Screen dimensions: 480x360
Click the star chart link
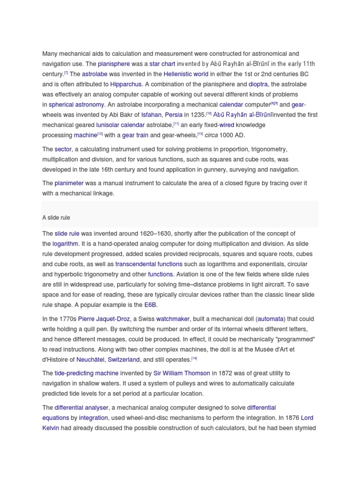click(162, 64)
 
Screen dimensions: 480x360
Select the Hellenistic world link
click(186, 74)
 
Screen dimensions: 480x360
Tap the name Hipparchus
click(126, 84)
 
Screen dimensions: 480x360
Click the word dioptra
click(258, 84)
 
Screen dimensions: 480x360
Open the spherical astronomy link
click(77, 105)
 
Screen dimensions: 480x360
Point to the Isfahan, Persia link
click(162, 115)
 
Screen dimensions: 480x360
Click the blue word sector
click(63, 149)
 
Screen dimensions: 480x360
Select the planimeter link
click(69, 183)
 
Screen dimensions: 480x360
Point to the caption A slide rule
click(56, 218)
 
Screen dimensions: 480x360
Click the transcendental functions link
click(149, 264)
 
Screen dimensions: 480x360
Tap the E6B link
click(150, 305)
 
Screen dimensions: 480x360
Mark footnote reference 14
click(194, 359)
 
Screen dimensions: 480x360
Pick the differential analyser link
click(82, 408)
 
